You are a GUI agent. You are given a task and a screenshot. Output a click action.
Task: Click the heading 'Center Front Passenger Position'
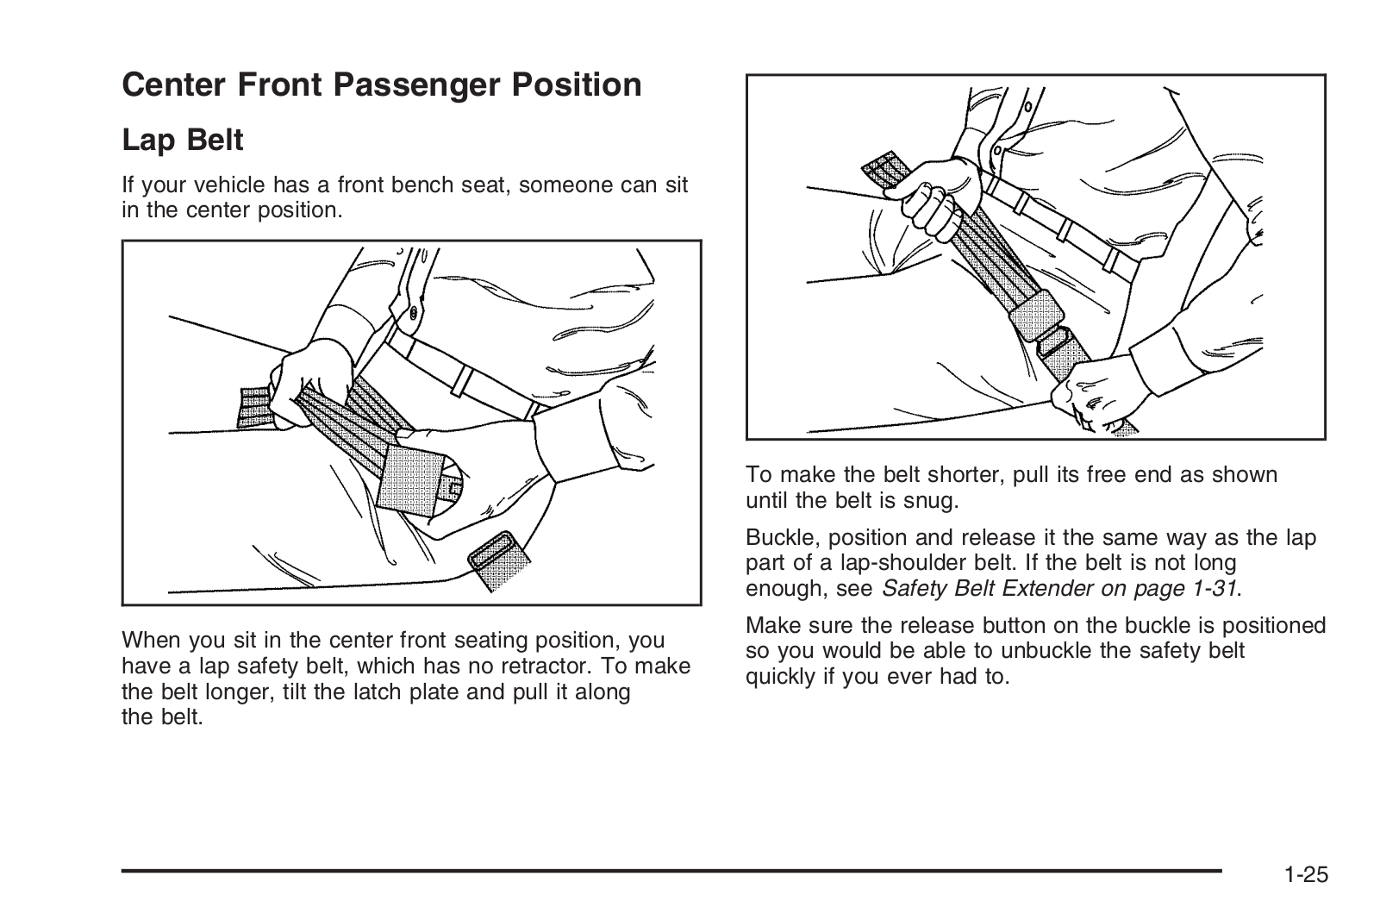382,84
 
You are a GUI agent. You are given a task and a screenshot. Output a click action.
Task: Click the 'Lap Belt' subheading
183,140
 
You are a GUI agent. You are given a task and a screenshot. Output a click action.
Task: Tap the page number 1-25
1306,874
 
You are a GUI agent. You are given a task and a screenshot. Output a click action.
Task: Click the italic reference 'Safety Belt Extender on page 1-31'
1059,589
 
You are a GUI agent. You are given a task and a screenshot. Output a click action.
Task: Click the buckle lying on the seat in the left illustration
499,560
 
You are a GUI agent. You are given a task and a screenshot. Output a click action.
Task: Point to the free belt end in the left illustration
254,407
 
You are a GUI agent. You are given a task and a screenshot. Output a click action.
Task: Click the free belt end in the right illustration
887,169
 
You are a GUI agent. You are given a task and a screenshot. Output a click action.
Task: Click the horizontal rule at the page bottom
671,872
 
